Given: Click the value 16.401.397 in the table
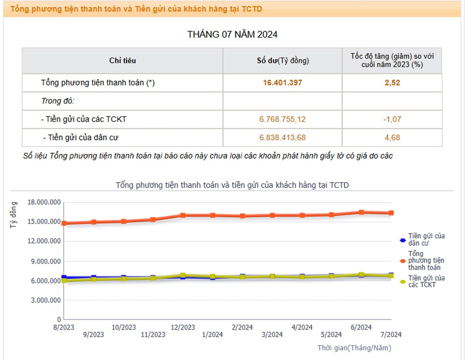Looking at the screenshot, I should [x=282, y=83].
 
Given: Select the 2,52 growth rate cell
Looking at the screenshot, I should [x=392, y=83].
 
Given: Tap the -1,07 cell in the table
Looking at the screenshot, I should [x=392, y=119].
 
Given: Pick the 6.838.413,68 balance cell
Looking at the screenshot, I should [x=282, y=138].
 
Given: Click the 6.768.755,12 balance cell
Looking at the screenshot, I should [x=282, y=119].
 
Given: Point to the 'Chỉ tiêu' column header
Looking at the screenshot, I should [x=122, y=61].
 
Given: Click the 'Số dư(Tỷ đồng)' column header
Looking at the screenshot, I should [x=283, y=61].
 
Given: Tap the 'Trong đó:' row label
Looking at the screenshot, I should [x=58, y=101].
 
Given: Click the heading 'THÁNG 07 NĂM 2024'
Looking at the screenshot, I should [x=232, y=34].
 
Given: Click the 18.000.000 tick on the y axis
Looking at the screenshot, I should [x=44, y=202].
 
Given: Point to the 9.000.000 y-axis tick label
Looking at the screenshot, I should [x=46, y=261].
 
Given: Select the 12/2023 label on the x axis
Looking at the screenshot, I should [x=183, y=327].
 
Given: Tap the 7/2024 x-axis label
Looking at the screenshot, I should [x=391, y=334].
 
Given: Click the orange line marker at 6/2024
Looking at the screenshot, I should [x=361, y=212].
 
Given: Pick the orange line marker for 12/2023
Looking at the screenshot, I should [x=183, y=215].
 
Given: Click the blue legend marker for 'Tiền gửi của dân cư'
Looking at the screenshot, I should [x=403, y=240].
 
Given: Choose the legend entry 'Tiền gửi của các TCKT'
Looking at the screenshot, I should [x=426, y=281].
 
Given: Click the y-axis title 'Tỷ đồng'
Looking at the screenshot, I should [x=13, y=215].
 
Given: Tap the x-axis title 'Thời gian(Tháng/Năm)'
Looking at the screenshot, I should [x=354, y=348].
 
